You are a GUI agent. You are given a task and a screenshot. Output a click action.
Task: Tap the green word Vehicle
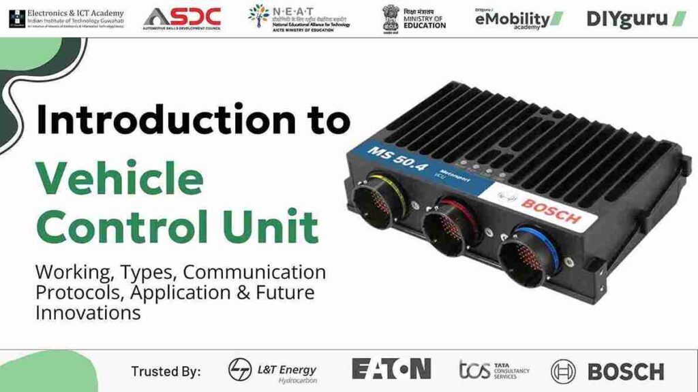[119, 178]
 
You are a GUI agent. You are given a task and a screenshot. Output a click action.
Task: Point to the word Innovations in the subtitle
[88, 313]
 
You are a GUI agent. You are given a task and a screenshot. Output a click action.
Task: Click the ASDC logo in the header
[182, 18]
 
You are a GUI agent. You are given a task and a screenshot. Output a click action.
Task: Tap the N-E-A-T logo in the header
[299, 18]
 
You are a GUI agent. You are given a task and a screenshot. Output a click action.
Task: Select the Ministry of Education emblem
[391, 18]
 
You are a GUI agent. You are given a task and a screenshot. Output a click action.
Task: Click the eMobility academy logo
[519, 18]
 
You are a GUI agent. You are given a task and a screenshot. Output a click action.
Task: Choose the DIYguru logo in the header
[635, 18]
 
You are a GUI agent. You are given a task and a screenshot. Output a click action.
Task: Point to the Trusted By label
[166, 371]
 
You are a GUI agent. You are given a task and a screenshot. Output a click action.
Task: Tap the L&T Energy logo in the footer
[273, 371]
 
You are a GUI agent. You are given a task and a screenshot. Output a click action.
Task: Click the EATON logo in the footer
[391, 369]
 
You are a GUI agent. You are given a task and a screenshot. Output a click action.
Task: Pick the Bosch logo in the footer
[607, 371]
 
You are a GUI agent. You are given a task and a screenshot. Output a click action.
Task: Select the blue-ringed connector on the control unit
[524, 252]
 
